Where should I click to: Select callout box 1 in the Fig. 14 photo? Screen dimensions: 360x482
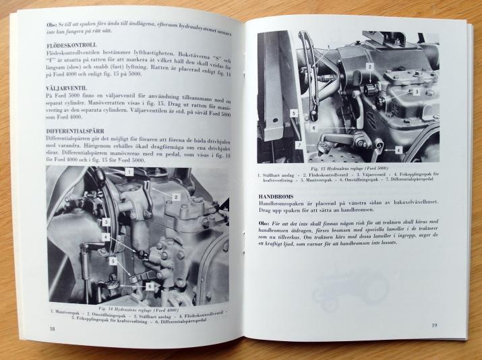pos(129,173)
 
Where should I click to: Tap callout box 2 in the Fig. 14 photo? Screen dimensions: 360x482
pos(175,197)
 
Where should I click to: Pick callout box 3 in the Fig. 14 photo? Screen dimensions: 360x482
pos(106,222)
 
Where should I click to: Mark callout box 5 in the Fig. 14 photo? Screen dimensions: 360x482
pos(113,260)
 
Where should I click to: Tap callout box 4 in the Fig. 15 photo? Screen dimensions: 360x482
pos(398,150)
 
